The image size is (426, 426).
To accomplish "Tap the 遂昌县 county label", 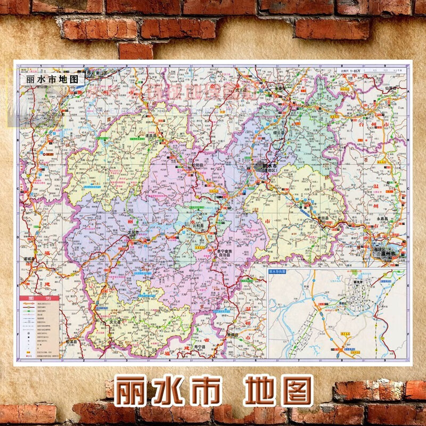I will click(x=142, y=136).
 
